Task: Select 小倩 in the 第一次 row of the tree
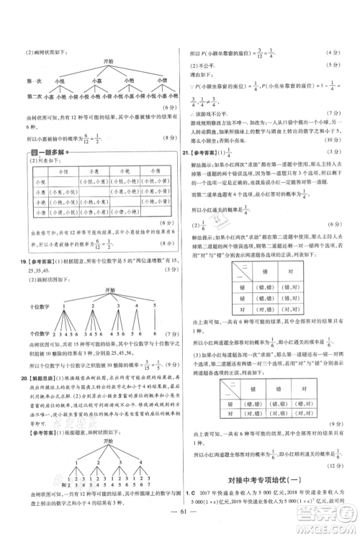pos(161,81)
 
